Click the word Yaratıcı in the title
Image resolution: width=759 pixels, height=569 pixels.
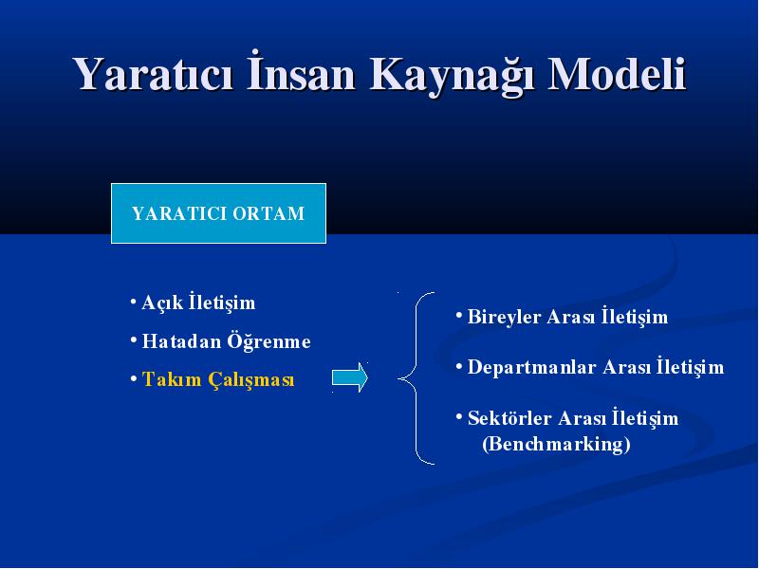click(153, 74)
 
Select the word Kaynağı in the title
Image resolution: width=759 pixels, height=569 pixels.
click(453, 76)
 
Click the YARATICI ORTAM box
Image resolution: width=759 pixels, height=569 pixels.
click(218, 213)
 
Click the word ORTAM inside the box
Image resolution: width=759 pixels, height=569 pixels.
click(268, 213)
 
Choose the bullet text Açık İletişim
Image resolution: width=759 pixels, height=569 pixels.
click(198, 302)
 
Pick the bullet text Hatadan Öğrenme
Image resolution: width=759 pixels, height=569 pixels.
click(226, 341)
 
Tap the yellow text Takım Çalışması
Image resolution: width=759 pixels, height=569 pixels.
click(218, 378)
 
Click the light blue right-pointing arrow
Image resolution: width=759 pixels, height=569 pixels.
click(350, 377)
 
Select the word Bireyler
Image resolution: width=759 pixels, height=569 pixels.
click(504, 318)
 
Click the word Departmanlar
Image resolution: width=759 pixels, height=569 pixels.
click(531, 367)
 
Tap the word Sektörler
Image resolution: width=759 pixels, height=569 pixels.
click(509, 418)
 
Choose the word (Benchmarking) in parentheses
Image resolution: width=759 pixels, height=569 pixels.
click(556, 444)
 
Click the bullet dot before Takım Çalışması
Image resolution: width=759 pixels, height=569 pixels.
click(134, 378)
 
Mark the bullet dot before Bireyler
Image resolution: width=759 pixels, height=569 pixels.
click(459, 315)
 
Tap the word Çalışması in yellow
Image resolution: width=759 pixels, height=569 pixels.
click(251, 379)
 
